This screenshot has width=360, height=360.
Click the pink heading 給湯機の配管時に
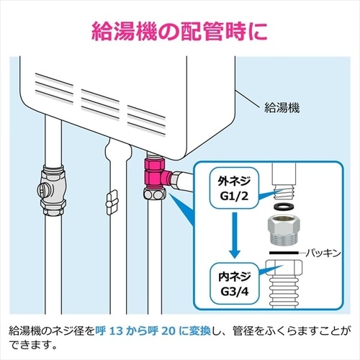tap(180, 30)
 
